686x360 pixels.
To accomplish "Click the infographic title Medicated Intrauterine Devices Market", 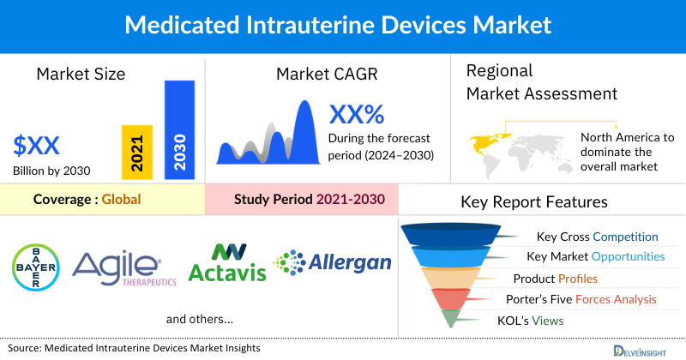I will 343,23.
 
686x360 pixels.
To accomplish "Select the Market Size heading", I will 81,74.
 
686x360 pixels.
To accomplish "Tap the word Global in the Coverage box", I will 121,200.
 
